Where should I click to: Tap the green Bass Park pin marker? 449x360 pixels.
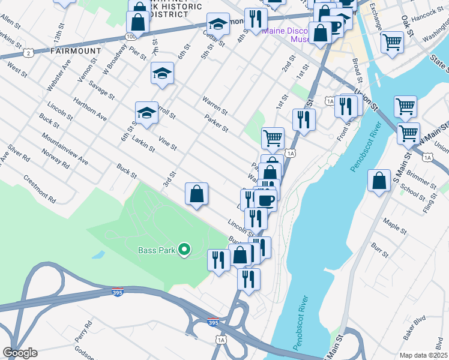coord(185,250)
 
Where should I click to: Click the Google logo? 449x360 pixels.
coord(20,353)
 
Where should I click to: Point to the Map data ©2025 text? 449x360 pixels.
coord(423,355)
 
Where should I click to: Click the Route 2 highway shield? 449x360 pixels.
coord(28,53)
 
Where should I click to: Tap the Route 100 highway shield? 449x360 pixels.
coord(131,37)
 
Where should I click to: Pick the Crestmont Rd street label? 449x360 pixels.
coord(38,188)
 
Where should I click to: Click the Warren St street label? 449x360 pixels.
coord(215,105)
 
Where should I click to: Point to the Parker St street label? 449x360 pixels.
coord(216,124)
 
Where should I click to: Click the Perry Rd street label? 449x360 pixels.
coord(83,331)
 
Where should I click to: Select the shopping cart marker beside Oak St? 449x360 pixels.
coord(392,42)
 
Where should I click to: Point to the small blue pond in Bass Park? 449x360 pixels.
coord(98,254)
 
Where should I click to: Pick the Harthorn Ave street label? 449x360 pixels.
coord(89,107)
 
